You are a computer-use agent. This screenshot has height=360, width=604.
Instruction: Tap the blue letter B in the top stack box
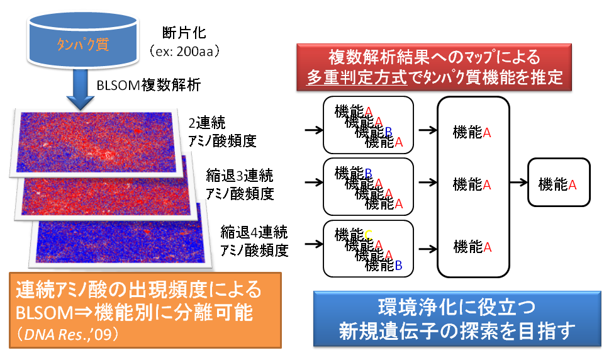coord(388,132)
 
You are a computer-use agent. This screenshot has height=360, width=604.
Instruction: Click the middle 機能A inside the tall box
coord(472,184)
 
